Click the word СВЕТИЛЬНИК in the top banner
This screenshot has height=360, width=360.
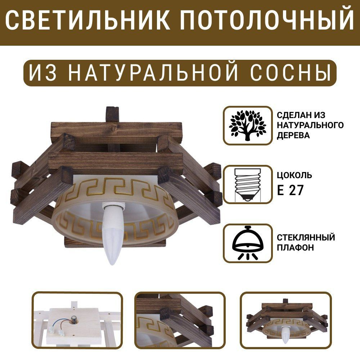(87, 20)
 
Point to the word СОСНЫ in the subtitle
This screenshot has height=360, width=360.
(291, 73)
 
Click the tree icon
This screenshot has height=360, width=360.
(248, 125)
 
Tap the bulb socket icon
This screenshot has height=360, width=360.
(248, 185)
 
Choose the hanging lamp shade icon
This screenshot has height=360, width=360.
(248, 243)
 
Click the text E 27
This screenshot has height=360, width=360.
(290, 190)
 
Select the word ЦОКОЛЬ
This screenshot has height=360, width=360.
(294, 175)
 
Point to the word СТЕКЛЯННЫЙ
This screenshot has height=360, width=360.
(306, 237)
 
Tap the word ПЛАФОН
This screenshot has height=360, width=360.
(295, 248)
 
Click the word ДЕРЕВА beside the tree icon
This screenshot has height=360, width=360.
(293, 135)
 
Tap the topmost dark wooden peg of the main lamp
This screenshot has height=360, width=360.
(112, 114)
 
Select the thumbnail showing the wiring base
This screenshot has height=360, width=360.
(77, 324)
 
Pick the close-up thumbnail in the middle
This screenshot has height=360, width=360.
(180, 324)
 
